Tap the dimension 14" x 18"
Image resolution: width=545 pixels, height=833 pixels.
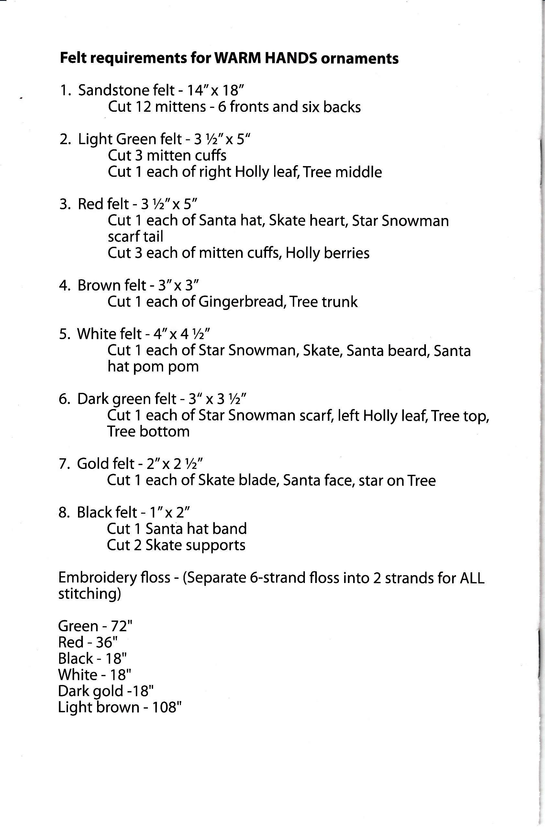[215, 90]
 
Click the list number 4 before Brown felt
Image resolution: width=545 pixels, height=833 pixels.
[64, 286]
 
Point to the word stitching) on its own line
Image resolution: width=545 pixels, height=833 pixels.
[90, 594]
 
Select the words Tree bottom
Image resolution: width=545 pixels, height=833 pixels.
[148, 431]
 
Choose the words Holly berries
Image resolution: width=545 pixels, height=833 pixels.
[328, 253]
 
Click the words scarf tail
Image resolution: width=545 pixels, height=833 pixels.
[135, 237]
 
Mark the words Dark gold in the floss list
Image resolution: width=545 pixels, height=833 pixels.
[91, 691]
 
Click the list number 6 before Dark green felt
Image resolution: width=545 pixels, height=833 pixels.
[64, 399]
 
